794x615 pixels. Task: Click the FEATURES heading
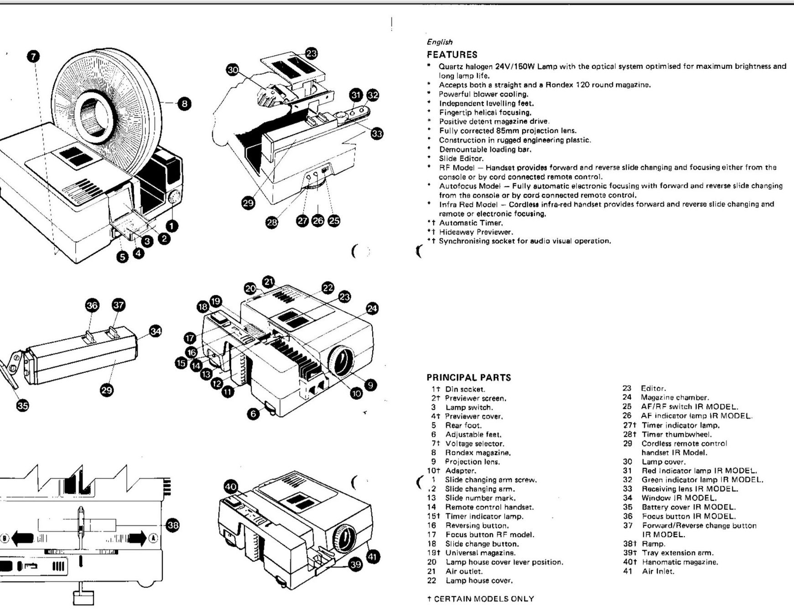(452, 55)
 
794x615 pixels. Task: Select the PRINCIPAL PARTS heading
(469, 378)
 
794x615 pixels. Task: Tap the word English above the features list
(440, 42)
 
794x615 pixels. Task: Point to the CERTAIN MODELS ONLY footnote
(480, 599)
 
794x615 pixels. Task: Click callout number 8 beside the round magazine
(184, 104)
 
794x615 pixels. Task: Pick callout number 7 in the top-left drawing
(33, 56)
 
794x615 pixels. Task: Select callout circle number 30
(233, 70)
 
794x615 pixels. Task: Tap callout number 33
(377, 133)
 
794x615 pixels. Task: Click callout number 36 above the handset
(92, 305)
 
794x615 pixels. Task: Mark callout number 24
(372, 308)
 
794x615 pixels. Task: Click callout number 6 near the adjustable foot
(253, 413)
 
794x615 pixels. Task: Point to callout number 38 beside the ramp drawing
(173, 525)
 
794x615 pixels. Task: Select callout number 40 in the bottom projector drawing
(231, 487)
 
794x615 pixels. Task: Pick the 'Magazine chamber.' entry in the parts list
(675, 398)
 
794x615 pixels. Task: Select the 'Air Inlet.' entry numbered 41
(658, 571)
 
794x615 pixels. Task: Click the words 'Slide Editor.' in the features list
(461, 159)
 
